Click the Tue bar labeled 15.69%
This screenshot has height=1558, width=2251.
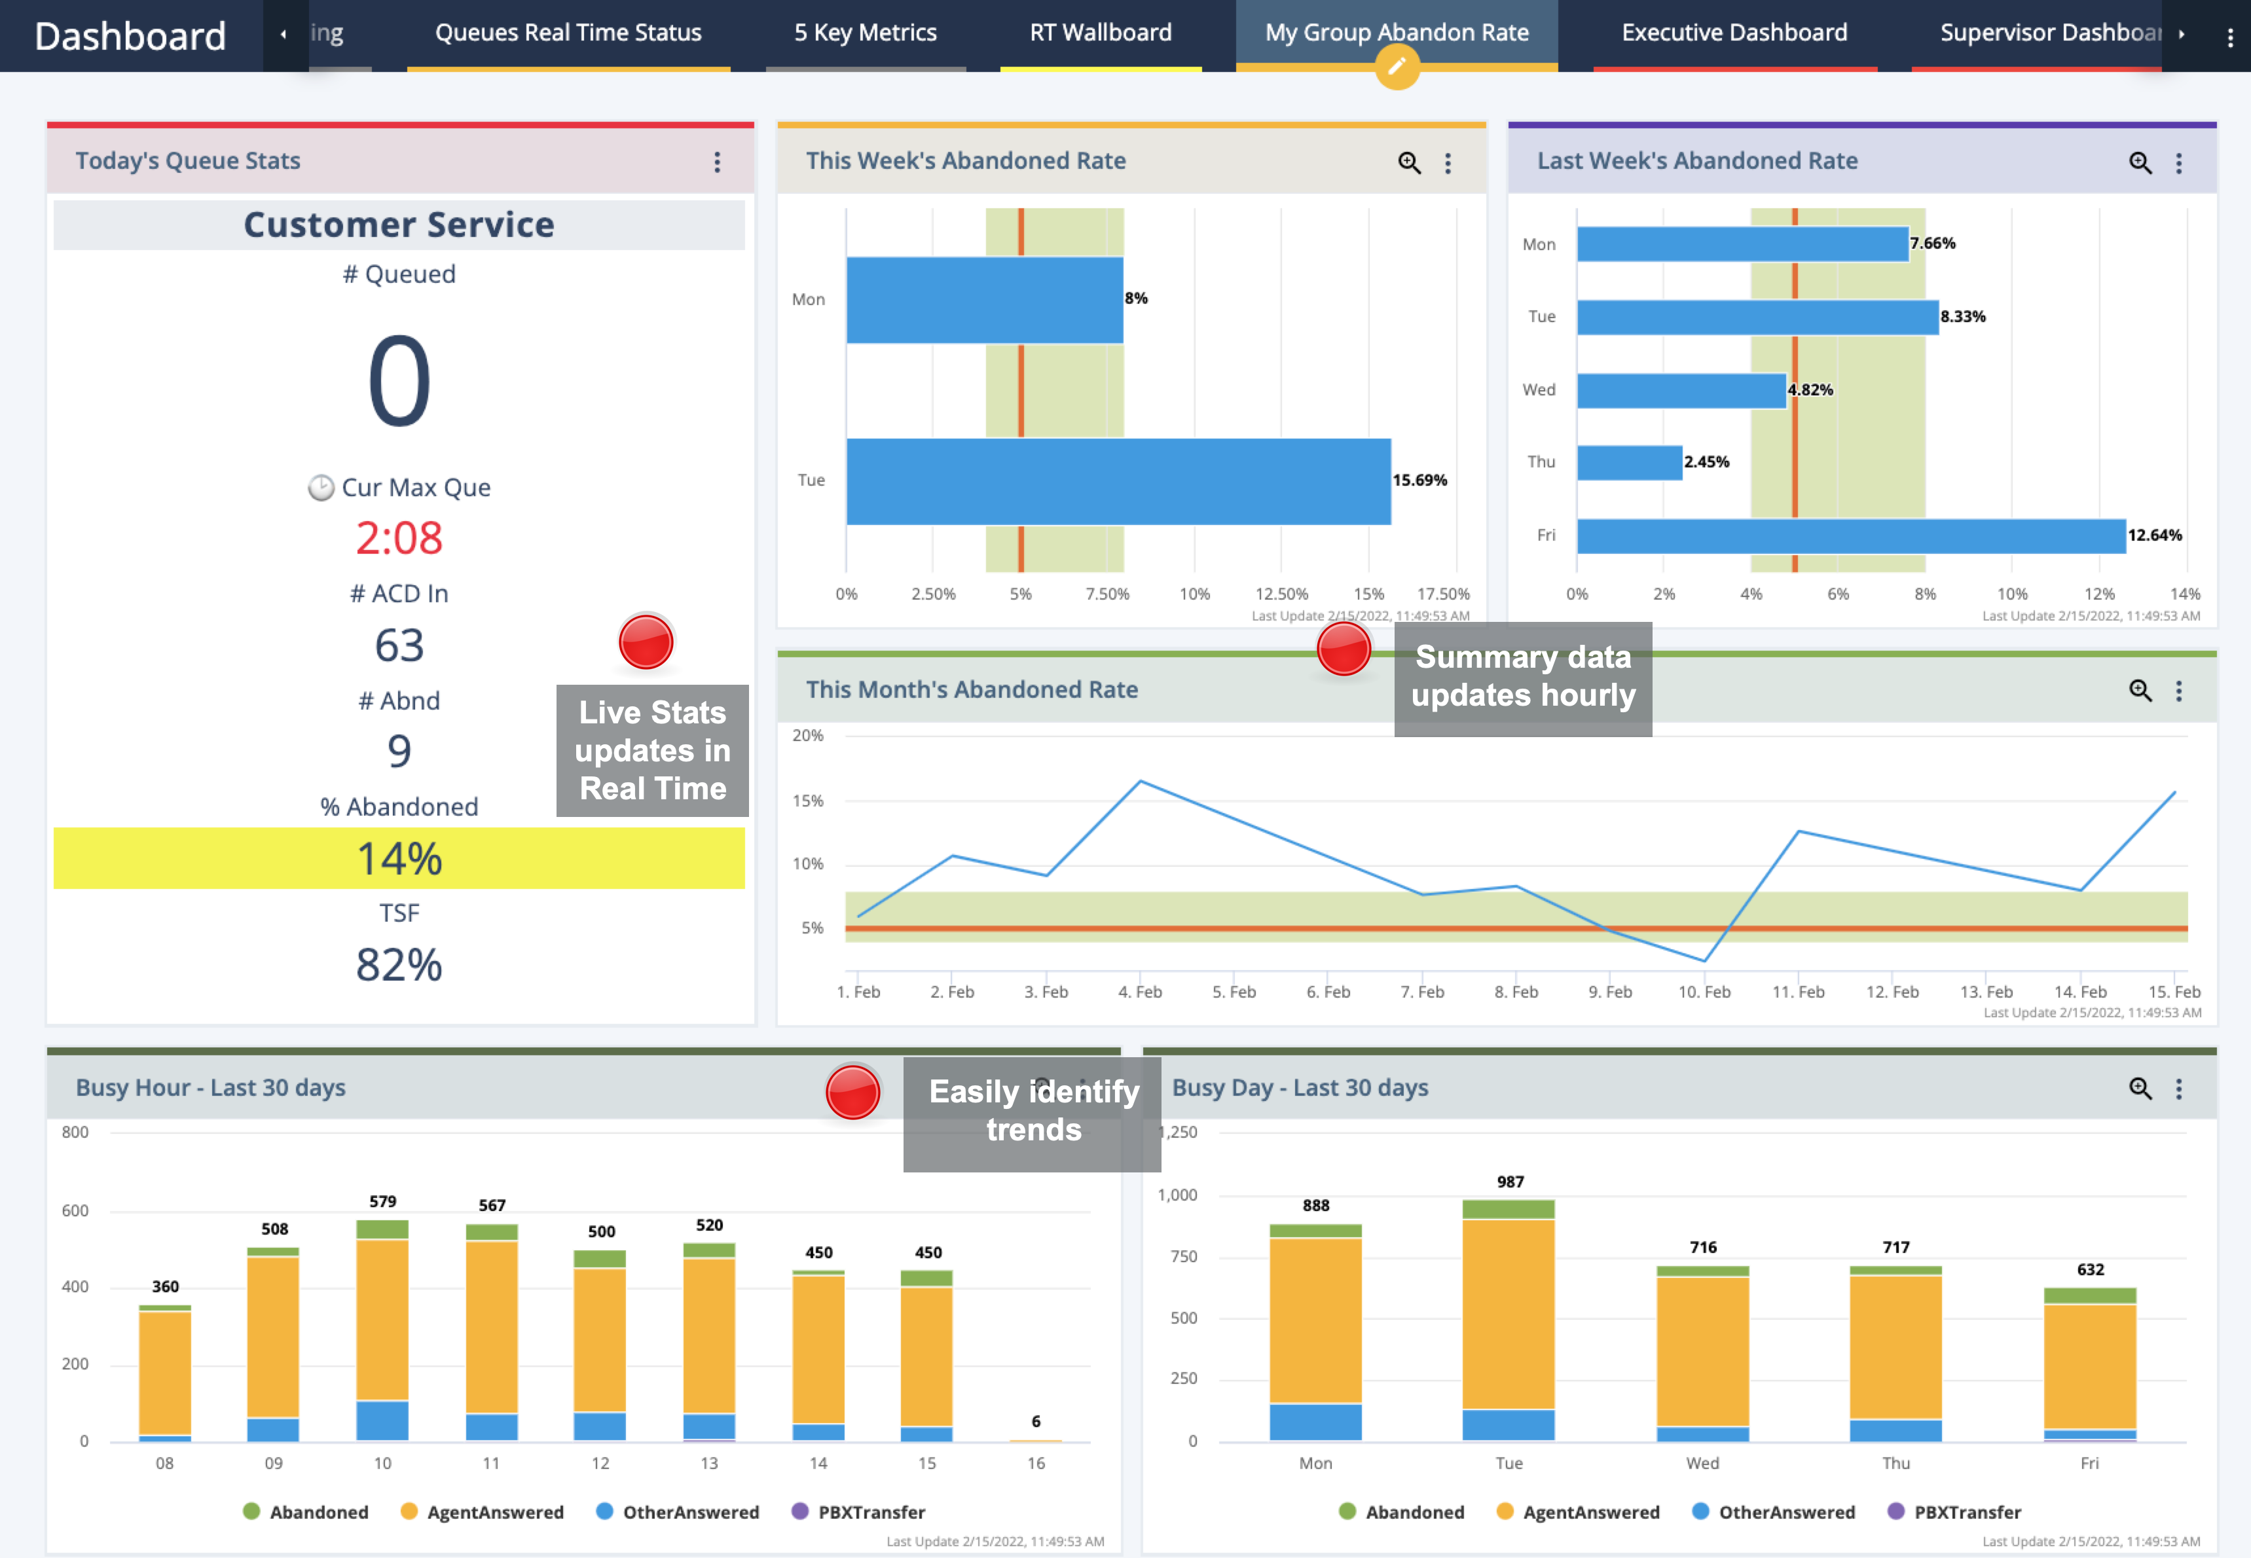point(1118,481)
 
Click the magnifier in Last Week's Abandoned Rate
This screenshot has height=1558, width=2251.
point(2140,163)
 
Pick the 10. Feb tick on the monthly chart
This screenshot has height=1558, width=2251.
point(1704,992)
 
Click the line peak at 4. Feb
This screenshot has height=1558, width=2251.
point(1140,781)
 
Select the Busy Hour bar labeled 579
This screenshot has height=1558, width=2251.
point(382,1328)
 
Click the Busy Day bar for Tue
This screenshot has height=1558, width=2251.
point(1508,1318)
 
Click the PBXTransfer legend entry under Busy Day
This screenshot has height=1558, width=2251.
point(1954,1512)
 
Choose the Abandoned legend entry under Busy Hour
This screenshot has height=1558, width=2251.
point(306,1512)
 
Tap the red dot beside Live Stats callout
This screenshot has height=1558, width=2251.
point(646,642)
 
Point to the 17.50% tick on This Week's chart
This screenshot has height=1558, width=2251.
point(1443,594)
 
